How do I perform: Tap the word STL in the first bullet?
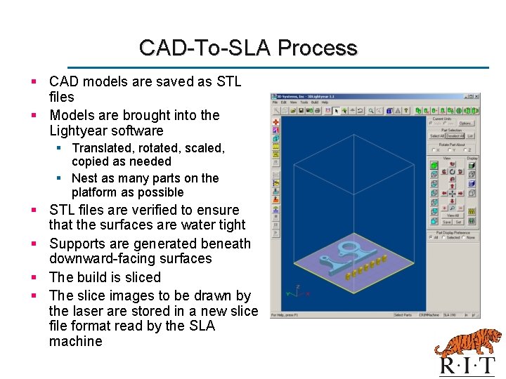[x=228, y=81]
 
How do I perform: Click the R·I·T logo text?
[x=467, y=366]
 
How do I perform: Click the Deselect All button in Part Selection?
[x=455, y=136]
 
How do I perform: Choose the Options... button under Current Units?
[x=466, y=124]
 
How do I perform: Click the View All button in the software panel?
[x=453, y=215]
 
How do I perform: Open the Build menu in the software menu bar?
[x=315, y=102]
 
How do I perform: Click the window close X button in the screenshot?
[x=477, y=96]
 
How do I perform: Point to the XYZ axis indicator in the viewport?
[x=296, y=291]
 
